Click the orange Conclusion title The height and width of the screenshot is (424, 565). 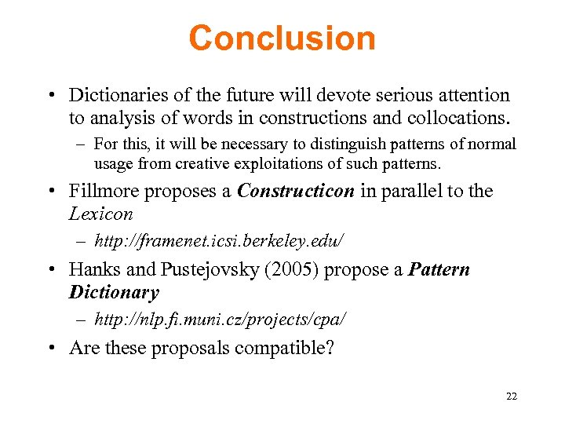[282, 38]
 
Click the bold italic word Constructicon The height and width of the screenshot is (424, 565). [296, 192]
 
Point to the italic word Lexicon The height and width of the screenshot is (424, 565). [101, 214]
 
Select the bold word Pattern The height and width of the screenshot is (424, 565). [439, 270]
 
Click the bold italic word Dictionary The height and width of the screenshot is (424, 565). [114, 292]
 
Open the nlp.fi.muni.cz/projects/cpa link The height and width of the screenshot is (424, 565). [220, 320]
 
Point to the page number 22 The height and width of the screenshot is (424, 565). [512, 397]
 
